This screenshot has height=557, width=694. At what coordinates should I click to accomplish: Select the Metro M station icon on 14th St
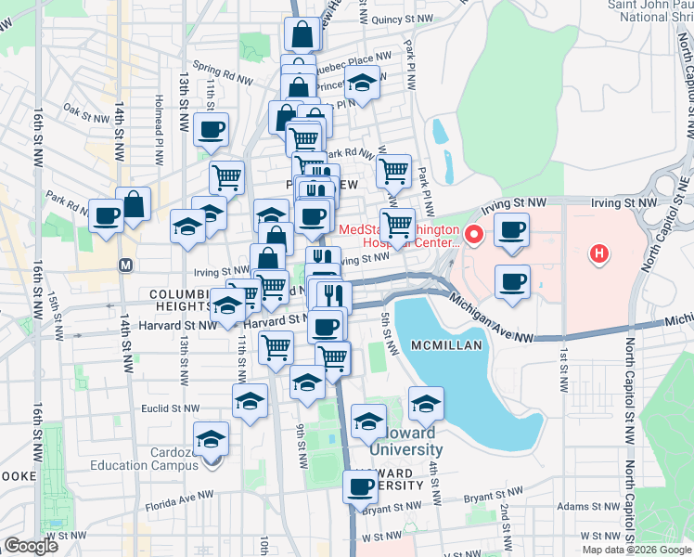tap(124, 266)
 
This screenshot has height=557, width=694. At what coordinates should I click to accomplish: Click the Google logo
tap(31, 546)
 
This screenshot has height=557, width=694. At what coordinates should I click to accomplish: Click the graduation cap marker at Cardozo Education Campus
tap(211, 437)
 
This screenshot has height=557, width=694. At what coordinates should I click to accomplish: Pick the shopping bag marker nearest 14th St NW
tap(134, 205)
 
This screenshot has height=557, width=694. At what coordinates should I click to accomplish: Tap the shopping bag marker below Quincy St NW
tap(303, 36)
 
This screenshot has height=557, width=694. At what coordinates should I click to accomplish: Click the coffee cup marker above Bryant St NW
tap(360, 486)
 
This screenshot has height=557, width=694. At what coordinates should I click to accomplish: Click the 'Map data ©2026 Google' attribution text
tap(636, 550)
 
